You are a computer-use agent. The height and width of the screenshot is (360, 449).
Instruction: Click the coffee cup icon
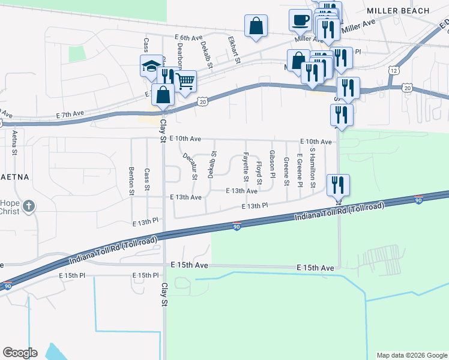pos(300,20)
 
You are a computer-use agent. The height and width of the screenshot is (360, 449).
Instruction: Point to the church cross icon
pos(29,207)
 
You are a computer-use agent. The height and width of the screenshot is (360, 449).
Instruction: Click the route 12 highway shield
pos(394,70)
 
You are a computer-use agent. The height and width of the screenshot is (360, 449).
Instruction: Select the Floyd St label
pos(259,173)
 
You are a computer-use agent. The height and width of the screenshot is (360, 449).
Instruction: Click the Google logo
pos(20,353)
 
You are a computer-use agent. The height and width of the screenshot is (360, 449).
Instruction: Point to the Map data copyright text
pos(411,355)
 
